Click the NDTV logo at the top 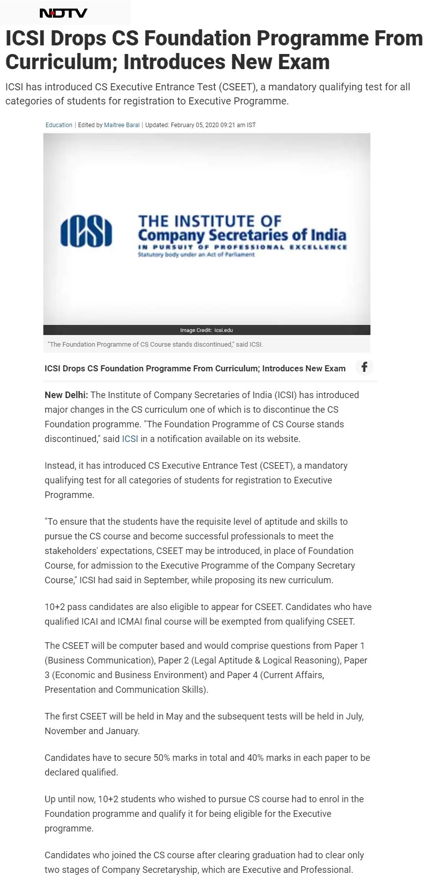point(64,13)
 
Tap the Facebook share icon point(364,367)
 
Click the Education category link point(59,125)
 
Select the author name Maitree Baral point(121,125)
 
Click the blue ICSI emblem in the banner point(86,232)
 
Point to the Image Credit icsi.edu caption point(207,330)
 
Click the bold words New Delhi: point(66,395)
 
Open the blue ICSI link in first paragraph point(130,439)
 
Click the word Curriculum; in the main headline point(61,62)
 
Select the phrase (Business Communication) point(99,660)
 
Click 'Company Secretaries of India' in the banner point(242,235)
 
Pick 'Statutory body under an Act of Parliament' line point(196,255)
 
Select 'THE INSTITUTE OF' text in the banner point(210,221)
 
